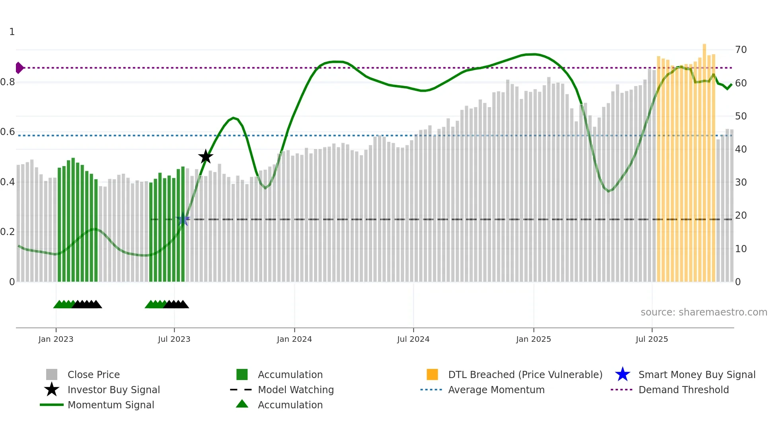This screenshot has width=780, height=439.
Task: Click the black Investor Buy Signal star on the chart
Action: coord(206,157)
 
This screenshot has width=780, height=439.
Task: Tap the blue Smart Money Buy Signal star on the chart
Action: coord(183,219)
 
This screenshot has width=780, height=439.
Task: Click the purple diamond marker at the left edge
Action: coord(19,68)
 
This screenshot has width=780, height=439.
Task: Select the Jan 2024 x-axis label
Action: coord(294,339)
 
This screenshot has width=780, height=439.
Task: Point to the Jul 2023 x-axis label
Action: coord(174,339)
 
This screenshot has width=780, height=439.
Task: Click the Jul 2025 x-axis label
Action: coord(651,339)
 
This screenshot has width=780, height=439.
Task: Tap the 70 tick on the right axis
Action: coord(741,50)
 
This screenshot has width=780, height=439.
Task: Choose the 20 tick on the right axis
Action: coord(741,216)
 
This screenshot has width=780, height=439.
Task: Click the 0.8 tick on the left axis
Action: coord(8,82)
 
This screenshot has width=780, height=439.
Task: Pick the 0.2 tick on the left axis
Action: coord(8,232)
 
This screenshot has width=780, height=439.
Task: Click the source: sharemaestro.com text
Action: coord(704,312)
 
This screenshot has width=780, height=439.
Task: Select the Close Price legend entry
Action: coord(94,374)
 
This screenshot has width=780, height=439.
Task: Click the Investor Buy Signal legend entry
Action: coord(113,390)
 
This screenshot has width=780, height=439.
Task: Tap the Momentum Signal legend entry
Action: coord(111,405)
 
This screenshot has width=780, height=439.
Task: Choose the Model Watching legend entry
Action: coord(296,390)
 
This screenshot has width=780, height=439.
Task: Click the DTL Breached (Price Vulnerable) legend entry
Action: coord(525,374)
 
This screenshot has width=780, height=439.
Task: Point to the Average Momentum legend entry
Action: coord(496,390)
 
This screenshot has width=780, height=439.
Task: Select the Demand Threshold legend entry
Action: coord(683,390)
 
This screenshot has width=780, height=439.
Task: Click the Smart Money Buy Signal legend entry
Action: coord(696,374)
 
